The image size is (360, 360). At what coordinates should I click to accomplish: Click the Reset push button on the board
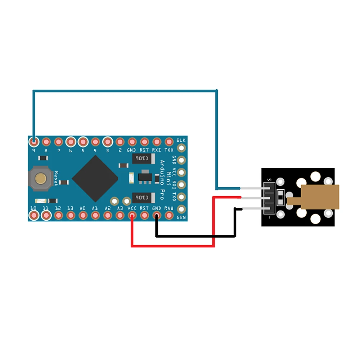(41, 178)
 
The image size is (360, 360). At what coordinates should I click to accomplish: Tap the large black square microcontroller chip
(95, 179)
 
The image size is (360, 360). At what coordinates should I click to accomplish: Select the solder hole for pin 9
(34, 141)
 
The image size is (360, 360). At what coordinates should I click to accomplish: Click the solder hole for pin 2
(120, 141)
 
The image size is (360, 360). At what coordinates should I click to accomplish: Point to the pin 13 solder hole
(71, 216)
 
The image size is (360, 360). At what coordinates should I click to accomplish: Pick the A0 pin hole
(83, 216)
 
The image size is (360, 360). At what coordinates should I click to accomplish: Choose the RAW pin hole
(169, 216)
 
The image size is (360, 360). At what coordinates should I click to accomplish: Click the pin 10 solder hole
(34, 216)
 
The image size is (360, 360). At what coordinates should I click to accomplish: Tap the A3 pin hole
(120, 216)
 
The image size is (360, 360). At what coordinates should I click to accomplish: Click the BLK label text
(181, 140)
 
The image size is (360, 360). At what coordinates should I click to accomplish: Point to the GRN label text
(181, 217)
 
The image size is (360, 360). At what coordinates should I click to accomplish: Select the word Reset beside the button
(56, 179)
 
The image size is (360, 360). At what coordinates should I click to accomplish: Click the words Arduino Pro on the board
(162, 180)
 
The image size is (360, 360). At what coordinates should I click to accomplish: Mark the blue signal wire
(126, 90)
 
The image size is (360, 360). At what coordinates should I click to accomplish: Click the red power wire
(173, 246)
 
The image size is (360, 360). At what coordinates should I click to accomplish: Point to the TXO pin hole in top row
(169, 141)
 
